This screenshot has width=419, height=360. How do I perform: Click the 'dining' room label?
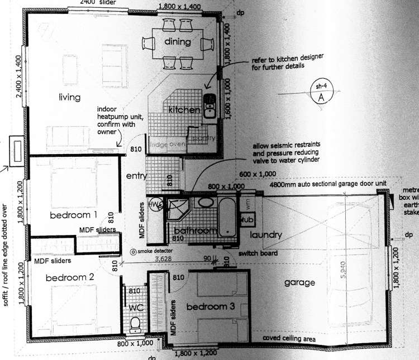pyautogui.click(x=178, y=42)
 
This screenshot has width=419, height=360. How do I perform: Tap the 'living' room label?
pyautogui.click(x=70, y=98)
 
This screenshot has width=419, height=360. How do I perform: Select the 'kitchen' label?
pyautogui.click(x=184, y=110)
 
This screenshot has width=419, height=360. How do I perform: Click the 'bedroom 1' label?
pyautogui.click(x=73, y=215)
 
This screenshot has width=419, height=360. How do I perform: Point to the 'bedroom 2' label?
pyautogui.click(x=70, y=277)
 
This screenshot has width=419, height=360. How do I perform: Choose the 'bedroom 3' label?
pyautogui.click(x=209, y=306)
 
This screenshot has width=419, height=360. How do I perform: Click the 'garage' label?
pyautogui.click(x=298, y=282)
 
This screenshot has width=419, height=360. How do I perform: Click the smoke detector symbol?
pyautogui.click(x=133, y=252)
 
